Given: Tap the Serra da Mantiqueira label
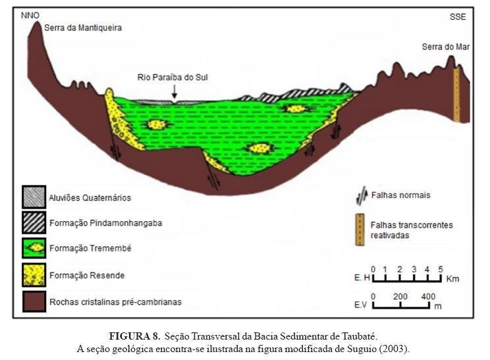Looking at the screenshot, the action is tap(83, 28).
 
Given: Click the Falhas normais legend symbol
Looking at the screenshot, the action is tap(360, 196).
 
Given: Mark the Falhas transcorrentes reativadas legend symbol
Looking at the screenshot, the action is tap(360, 230).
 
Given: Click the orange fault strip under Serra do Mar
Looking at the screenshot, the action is tap(456, 95).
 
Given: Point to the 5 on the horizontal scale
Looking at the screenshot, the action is tap(441, 269).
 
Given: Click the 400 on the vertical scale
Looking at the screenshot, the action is tap(427, 296).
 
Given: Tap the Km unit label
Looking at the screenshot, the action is tap(452, 279).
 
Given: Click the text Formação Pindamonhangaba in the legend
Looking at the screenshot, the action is tap(105, 223).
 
